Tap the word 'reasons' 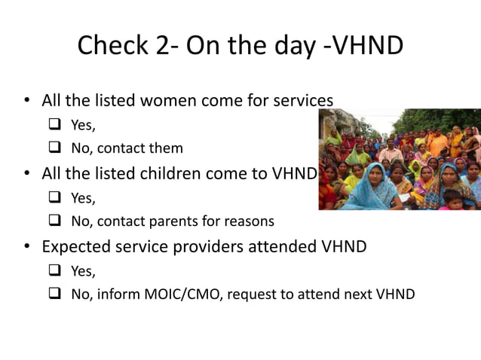pyautogui.click(x=250, y=221)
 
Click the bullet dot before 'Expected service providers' pyautogui.click(x=27, y=247)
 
